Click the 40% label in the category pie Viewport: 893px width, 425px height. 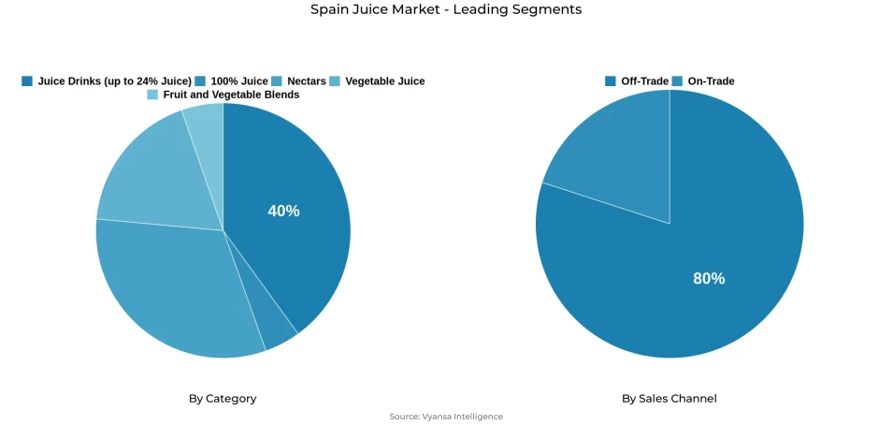(283, 212)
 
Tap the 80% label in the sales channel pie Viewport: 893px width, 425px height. (708, 279)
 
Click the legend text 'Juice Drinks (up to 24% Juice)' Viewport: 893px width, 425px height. (114, 81)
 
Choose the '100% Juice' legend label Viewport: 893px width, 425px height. (239, 81)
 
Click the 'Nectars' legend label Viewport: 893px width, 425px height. (307, 81)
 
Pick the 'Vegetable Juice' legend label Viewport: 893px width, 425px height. (384, 81)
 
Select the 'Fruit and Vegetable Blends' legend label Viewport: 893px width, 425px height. (231, 95)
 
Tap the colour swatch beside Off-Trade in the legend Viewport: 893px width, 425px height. (611, 81)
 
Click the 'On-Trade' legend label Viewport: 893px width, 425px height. (711, 81)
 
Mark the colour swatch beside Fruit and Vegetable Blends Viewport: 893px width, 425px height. (152, 95)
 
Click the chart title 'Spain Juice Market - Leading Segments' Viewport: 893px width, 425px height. (446, 9)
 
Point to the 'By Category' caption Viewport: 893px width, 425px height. (223, 399)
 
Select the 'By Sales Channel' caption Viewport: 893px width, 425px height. (670, 399)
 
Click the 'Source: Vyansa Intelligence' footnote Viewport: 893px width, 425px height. (446, 417)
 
